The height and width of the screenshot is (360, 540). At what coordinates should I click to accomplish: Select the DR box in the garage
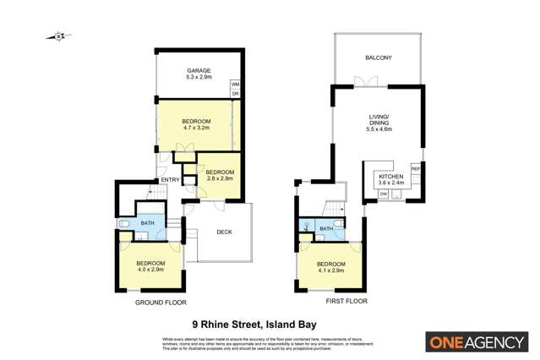click(235, 93)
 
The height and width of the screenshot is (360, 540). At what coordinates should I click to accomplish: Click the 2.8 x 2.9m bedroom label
click(220, 173)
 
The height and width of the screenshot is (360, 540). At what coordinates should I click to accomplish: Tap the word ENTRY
click(170, 179)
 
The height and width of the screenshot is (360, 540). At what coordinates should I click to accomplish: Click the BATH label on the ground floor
click(147, 223)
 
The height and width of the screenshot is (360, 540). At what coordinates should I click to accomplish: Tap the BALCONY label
click(378, 58)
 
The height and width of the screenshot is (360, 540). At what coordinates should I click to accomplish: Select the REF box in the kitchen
click(415, 168)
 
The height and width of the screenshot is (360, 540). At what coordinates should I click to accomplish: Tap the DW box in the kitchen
click(384, 195)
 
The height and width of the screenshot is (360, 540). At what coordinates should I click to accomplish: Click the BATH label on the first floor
click(325, 228)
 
